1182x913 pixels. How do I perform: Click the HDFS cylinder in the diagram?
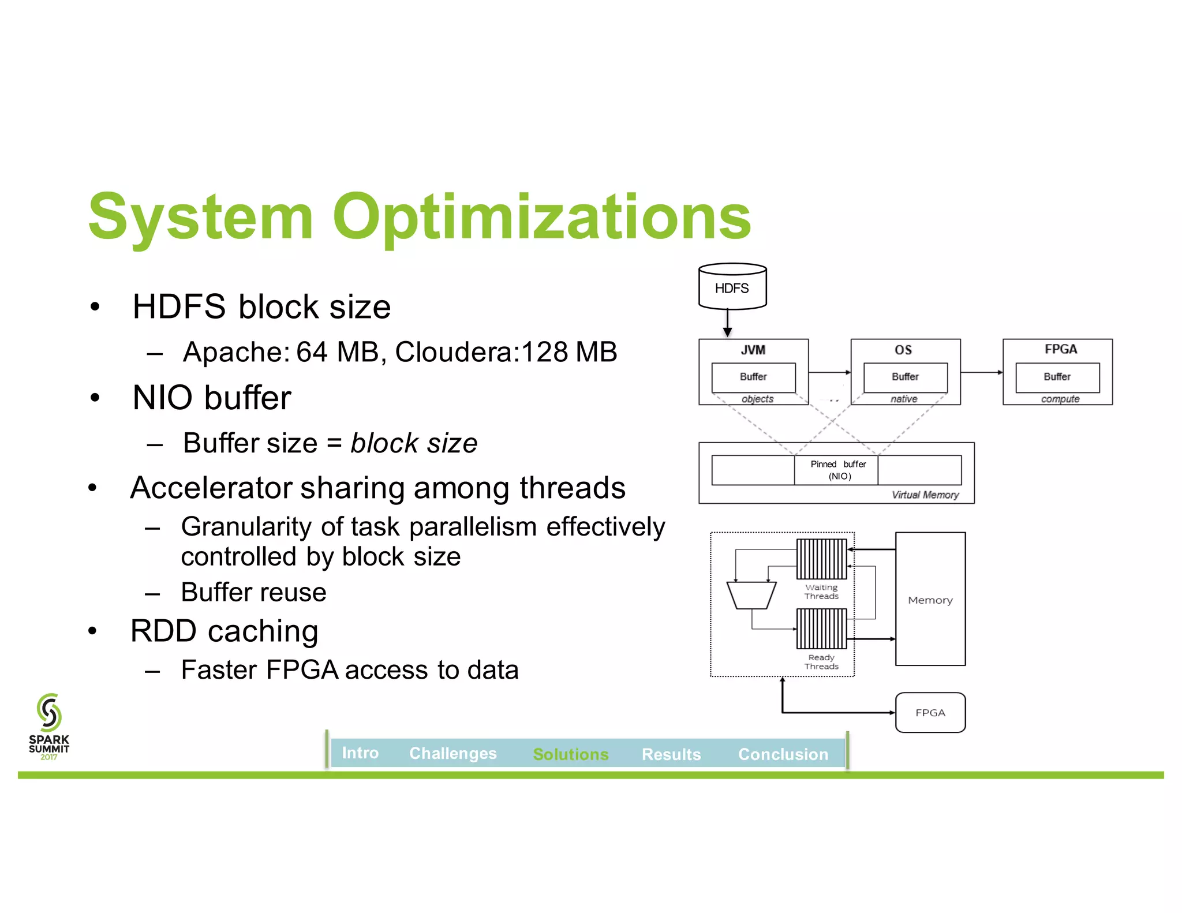[x=732, y=287]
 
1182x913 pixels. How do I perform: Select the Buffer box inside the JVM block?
[x=753, y=377]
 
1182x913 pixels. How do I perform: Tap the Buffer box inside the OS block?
[x=905, y=377]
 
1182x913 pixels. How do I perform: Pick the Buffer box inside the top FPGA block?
[x=1057, y=377]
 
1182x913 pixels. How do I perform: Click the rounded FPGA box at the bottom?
[x=930, y=713]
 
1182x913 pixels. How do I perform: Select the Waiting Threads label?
[x=821, y=592]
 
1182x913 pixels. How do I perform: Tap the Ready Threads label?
[x=821, y=662]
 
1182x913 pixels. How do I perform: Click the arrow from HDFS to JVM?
[x=727, y=323]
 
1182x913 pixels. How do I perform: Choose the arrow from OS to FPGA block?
[x=981, y=372]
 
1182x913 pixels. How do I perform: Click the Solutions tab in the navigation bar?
[x=570, y=754]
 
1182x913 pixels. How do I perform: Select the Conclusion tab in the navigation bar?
[x=783, y=754]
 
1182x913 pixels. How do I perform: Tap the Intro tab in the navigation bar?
[x=360, y=753]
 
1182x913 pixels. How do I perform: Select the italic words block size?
[x=414, y=443]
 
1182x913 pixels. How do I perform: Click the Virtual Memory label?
[x=925, y=495]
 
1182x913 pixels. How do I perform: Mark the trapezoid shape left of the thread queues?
[x=751, y=595]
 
